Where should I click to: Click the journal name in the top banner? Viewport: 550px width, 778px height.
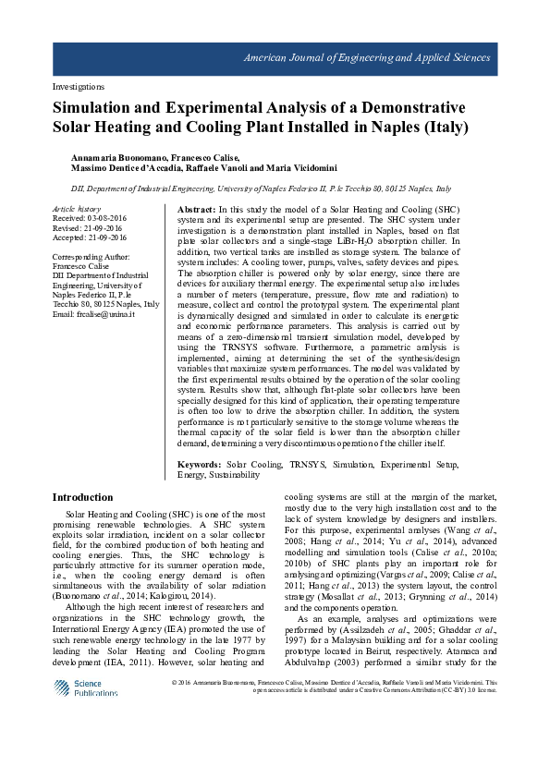click(366, 57)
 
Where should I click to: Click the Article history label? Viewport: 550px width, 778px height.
click(76, 210)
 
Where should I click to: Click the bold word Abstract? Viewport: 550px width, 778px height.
click(196, 211)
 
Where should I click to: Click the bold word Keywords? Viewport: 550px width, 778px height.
click(198, 464)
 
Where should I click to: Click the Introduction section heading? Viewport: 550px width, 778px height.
click(83, 497)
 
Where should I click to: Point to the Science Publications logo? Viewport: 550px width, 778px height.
click(86, 688)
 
